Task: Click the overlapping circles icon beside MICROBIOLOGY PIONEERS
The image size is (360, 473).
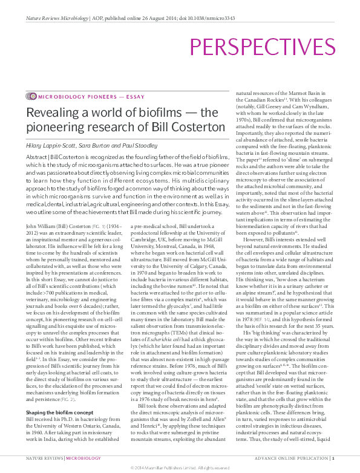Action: click(x=31, y=97)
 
